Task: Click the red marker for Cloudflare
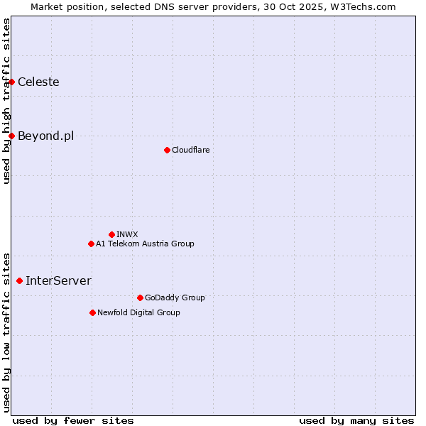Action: (x=167, y=150)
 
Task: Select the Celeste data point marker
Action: (x=12, y=82)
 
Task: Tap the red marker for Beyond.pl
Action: (x=12, y=136)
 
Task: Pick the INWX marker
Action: (x=111, y=234)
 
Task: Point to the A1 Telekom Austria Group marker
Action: (x=91, y=244)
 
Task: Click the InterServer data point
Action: (x=19, y=281)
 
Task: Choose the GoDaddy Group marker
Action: (x=140, y=297)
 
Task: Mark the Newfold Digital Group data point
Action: (x=92, y=312)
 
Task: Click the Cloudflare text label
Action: (x=190, y=150)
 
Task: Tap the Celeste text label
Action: (x=38, y=82)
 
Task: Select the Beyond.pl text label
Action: (x=45, y=136)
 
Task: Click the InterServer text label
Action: (x=58, y=281)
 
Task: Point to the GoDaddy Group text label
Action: (x=175, y=297)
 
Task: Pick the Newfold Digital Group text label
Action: (x=138, y=312)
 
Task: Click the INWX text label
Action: (x=127, y=234)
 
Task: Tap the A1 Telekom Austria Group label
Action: (x=145, y=244)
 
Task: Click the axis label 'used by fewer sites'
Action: (x=73, y=420)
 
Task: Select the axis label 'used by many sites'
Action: (x=356, y=420)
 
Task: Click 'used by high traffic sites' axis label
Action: (x=6, y=101)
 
